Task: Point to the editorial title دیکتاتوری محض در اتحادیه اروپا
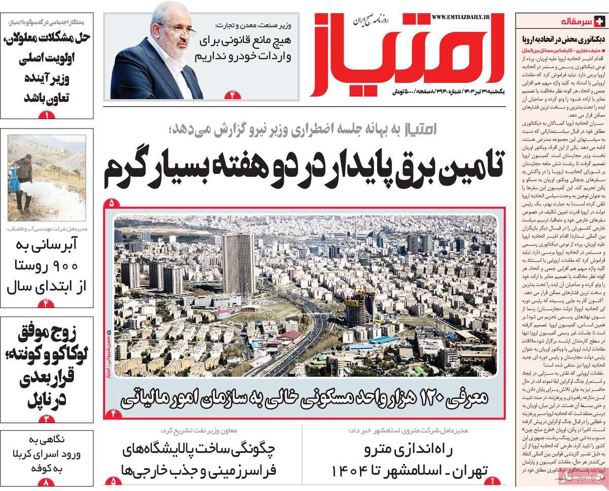[560, 38]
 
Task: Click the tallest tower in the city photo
[239, 263]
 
